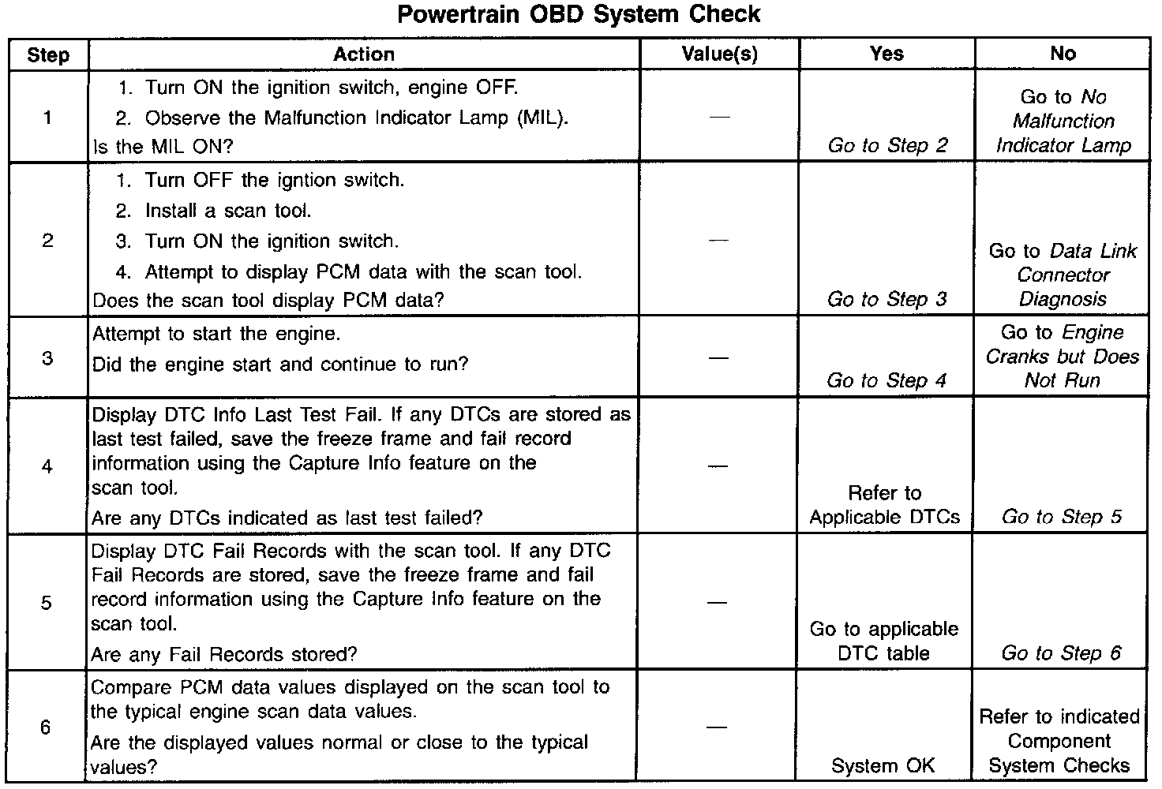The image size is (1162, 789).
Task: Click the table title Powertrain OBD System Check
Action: click(x=579, y=15)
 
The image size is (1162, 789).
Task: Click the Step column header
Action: click(x=48, y=55)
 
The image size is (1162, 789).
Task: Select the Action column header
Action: click(x=363, y=54)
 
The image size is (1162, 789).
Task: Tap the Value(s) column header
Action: click(x=719, y=54)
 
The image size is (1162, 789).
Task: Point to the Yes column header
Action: click(x=886, y=54)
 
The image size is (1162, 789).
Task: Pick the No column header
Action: click(x=1063, y=54)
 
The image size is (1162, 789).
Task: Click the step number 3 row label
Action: click(x=48, y=357)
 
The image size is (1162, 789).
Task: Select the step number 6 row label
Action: click(x=46, y=727)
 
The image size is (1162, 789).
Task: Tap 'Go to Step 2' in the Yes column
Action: click(x=887, y=145)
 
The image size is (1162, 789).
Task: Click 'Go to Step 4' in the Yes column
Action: click(x=886, y=380)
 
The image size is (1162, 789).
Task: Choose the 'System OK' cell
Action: click(x=883, y=765)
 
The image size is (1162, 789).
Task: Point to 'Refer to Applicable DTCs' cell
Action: click(x=885, y=505)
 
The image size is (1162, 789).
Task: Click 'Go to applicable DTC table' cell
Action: click(x=884, y=641)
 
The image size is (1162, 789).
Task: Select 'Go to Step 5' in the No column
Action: click(x=1061, y=517)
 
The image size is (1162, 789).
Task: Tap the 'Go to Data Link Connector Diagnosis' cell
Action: click(x=1063, y=275)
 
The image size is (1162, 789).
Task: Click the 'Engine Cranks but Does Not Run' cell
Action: click(x=1063, y=357)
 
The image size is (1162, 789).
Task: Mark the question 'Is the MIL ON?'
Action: click(x=163, y=147)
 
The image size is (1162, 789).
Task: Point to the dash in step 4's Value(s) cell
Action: click(x=718, y=466)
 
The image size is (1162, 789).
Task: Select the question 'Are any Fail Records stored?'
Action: click(x=224, y=654)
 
